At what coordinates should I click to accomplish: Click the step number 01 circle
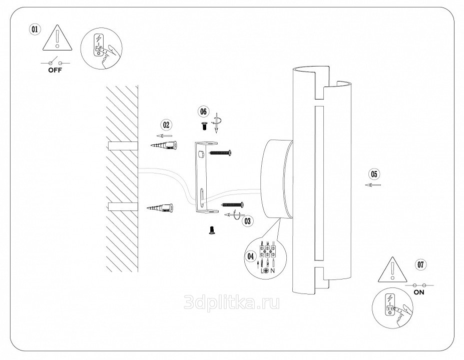[35, 29]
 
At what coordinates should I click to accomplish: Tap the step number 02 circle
[166, 124]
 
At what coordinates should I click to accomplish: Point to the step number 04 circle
[251, 255]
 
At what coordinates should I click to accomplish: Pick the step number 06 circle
[203, 110]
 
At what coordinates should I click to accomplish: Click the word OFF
[56, 70]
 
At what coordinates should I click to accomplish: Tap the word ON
[419, 292]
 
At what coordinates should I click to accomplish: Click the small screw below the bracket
[211, 230]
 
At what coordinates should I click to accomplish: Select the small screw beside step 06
[204, 125]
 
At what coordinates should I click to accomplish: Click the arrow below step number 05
[373, 185]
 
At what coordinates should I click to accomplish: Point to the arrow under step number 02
[165, 135]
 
